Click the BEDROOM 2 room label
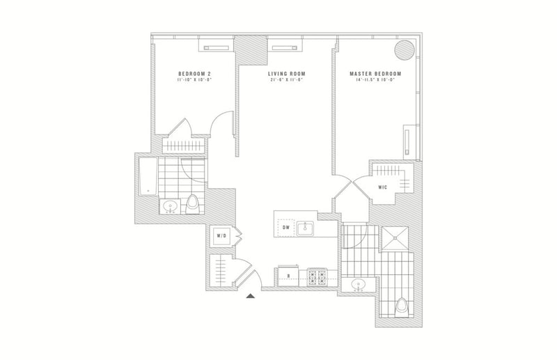(x=191, y=73)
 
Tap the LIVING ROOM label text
(x=287, y=73)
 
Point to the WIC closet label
(x=382, y=187)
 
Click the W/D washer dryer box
(x=221, y=236)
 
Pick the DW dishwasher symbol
(x=285, y=227)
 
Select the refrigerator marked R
(x=288, y=276)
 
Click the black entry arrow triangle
(x=252, y=296)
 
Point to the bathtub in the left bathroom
(x=147, y=178)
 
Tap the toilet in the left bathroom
(x=193, y=204)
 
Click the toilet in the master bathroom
(x=402, y=306)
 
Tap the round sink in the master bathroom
(x=359, y=285)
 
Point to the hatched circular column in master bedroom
(x=404, y=49)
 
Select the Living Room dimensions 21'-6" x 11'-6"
(x=287, y=80)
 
